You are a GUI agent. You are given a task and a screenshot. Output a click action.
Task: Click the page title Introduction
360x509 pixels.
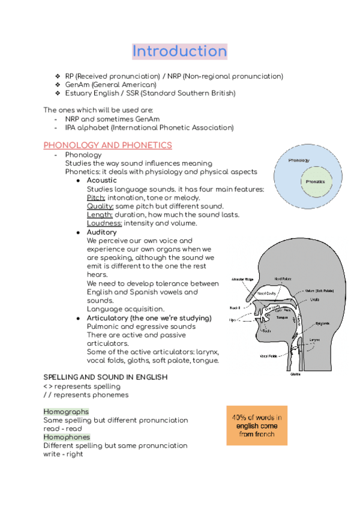click(x=179, y=51)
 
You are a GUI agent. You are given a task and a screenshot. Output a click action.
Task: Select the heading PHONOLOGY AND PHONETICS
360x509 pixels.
click(x=107, y=145)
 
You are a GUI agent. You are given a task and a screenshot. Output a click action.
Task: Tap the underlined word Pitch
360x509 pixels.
click(x=96, y=197)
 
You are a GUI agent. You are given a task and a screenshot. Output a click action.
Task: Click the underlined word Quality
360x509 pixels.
click(x=100, y=206)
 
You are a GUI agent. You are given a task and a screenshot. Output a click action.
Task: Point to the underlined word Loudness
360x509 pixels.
click(x=104, y=223)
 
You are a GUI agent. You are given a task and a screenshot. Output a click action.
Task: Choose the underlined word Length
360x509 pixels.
click(x=100, y=214)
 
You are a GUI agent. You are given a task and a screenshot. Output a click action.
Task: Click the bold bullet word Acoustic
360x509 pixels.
click(x=101, y=180)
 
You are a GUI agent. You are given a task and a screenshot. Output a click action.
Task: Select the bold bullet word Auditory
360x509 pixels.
click(x=101, y=232)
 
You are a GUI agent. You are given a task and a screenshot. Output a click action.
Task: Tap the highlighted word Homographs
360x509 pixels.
click(x=66, y=412)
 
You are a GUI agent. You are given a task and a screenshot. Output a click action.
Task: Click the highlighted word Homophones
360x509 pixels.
click(x=67, y=437)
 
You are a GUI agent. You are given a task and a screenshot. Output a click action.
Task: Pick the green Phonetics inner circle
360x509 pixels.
click(x=315, y=181)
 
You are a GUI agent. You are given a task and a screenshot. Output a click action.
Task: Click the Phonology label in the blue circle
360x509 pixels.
click(x=298, y=161)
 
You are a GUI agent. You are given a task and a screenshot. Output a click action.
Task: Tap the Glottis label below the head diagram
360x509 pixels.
click(x=295, y=373)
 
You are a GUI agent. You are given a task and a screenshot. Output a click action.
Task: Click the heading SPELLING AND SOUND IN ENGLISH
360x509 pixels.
click(x=105, y=377)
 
